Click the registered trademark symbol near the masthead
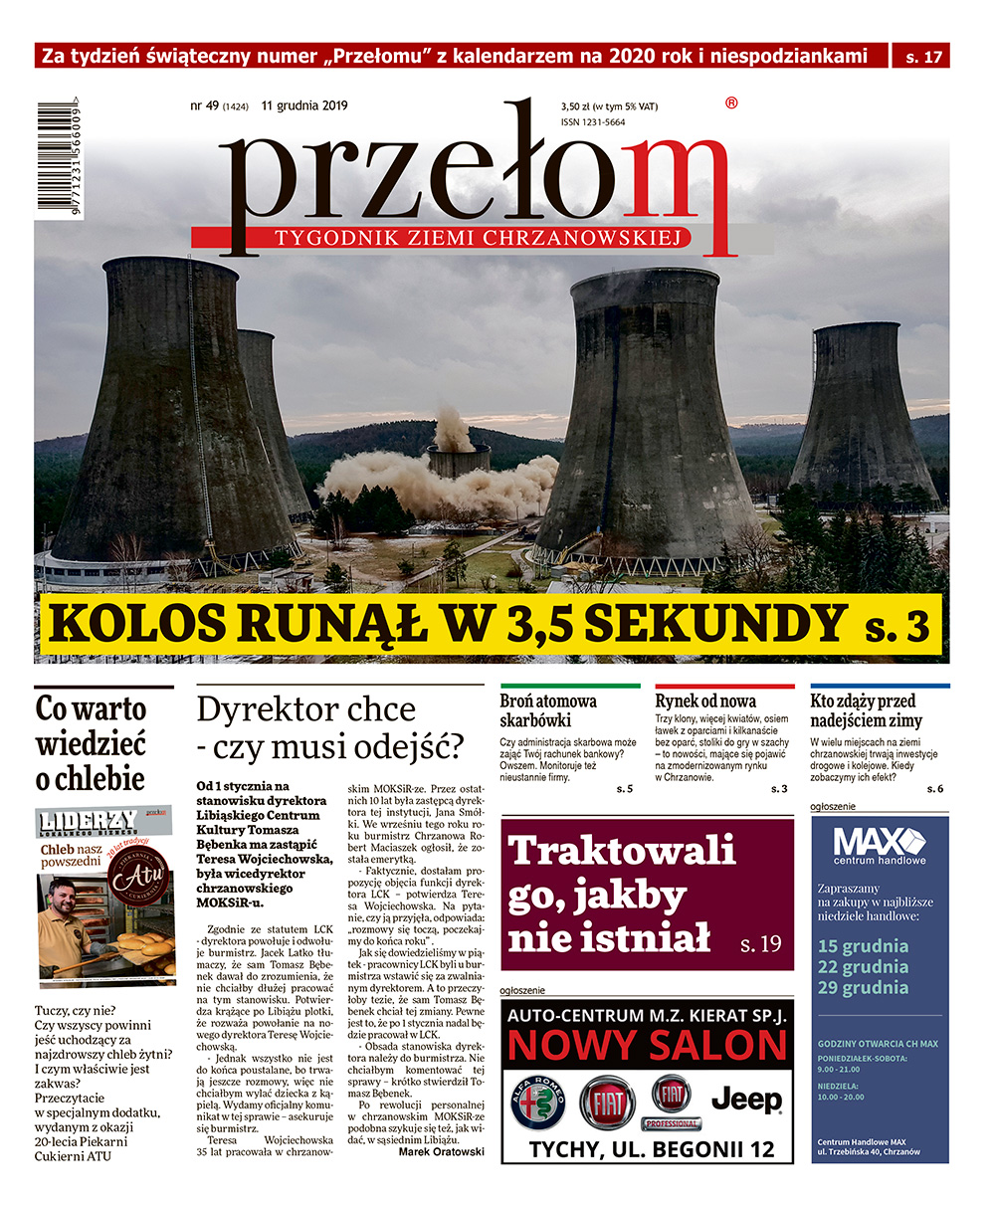point(732,102)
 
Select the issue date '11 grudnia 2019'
point(304,105)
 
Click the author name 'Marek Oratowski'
point(441,1151)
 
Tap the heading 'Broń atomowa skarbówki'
point(548,710)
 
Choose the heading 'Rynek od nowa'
point(705,702)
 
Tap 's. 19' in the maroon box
point(761,943)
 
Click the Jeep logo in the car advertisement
point(746,1100)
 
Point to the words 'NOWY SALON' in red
point(647,1047)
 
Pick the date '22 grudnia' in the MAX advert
point(863,966)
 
